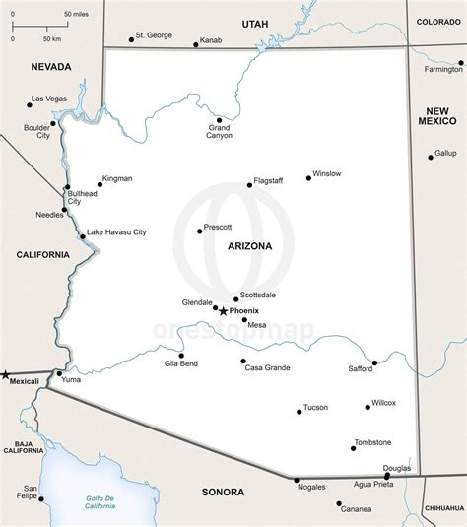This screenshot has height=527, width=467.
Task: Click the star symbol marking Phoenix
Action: coord(223,311)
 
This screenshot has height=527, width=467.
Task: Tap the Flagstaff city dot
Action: coord(250,184)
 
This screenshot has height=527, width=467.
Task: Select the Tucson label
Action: coord(315,407)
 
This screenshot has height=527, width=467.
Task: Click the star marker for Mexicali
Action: coord(5,374)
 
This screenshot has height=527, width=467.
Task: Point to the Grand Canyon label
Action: coord(219,132)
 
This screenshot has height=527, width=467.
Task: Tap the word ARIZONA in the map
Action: coord(248,246)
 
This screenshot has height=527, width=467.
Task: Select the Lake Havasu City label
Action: coord(116,232)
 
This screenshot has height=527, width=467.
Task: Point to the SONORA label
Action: coord(222,491)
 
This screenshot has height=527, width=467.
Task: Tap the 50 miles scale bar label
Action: coord(74,14)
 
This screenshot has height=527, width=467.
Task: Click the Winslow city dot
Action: coord(307,177)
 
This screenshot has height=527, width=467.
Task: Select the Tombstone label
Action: coord(372,442)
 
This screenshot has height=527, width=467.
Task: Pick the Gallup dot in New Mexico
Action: coord(431,157)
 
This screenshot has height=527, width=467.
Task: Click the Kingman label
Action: coord(116,179)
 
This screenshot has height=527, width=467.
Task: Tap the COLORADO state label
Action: coord(437,21)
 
